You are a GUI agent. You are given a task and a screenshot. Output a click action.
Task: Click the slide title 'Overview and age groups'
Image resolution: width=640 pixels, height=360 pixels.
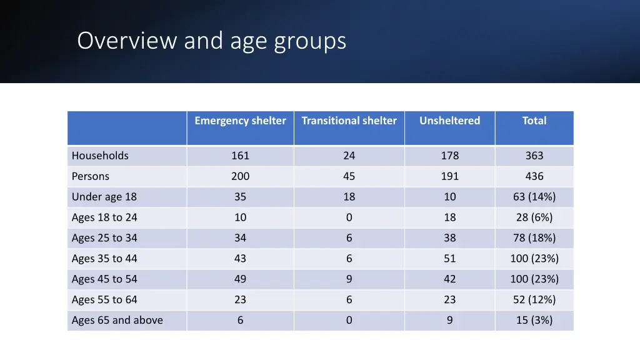(211, 41)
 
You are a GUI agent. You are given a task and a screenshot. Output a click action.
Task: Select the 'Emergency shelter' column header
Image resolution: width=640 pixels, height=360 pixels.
(240, 121)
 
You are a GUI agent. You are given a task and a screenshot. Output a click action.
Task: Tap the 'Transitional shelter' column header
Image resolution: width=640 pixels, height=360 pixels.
(349, 121)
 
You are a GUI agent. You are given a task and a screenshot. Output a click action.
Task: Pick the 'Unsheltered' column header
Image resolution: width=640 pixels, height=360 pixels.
(449, 121)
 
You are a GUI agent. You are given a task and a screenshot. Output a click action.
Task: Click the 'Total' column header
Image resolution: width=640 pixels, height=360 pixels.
(534, 121)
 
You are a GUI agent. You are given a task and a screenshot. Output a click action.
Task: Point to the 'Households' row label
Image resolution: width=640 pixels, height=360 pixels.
(100, 156)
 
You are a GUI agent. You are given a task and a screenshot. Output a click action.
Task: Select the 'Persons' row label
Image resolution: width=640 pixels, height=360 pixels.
(91, 176)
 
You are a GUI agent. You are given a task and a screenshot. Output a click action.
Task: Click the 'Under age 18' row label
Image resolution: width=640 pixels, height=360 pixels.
(104, 197)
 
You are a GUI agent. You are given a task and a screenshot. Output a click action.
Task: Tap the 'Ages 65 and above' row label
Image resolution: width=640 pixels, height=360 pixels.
(117, 320)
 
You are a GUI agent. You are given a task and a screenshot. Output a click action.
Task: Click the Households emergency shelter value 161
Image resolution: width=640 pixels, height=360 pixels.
(240, 156)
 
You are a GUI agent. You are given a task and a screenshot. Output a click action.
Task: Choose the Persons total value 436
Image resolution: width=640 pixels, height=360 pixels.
(534, 176)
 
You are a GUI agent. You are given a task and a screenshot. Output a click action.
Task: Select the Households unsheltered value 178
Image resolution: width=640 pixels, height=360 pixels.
(449, 156)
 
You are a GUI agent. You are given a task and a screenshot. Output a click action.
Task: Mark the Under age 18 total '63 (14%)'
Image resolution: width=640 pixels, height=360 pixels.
(534, 197)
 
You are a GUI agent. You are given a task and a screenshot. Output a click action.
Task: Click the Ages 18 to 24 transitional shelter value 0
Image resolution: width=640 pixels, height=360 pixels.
(349, 217)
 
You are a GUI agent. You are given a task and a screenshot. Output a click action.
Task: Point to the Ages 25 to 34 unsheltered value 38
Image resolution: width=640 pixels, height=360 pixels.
(449, 238)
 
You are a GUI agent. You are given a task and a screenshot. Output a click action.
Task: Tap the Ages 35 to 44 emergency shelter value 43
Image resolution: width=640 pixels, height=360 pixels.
(240, 259)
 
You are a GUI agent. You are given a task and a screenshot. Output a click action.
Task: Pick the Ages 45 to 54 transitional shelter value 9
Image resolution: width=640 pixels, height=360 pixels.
(349, 279)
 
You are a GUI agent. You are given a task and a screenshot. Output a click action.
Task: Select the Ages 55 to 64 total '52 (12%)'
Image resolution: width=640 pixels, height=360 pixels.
(534, 299)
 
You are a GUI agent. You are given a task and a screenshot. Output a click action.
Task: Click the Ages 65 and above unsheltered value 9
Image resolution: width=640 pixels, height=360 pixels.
(449, 320)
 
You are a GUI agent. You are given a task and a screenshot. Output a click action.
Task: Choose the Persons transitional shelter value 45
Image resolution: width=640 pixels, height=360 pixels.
(349, 176)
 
